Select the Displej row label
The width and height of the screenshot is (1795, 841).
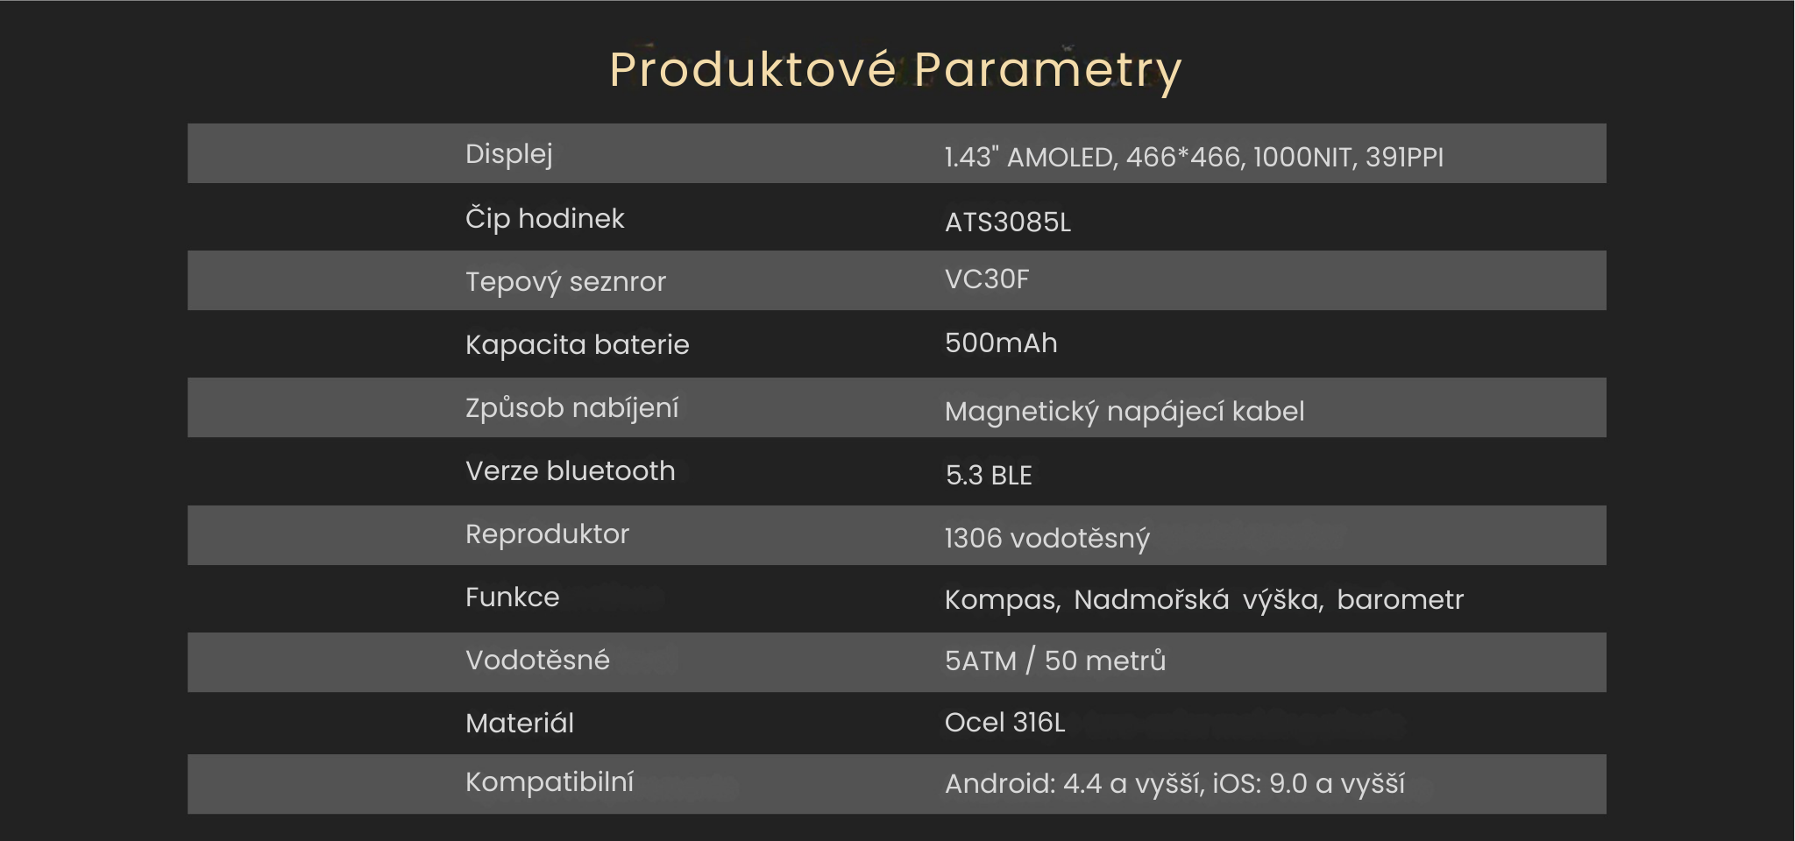(509, 154)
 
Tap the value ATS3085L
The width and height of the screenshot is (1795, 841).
(1008, 222)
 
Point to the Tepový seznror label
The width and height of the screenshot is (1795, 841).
(565, 282)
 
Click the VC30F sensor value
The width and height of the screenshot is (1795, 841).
(987, 279)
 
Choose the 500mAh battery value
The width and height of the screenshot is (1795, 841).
(1001, 343)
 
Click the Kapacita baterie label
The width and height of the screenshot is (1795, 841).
(577, 345)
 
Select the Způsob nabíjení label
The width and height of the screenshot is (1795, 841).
(571, 408)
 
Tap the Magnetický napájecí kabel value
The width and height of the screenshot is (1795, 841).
(1125, 412)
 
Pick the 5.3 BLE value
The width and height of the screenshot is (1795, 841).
(989, 475)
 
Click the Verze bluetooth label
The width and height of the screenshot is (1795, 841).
(570, 471)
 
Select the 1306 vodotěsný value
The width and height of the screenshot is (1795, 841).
(1046, 538)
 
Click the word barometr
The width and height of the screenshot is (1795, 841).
(1401, 599)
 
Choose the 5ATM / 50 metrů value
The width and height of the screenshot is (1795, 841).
(1055, 661)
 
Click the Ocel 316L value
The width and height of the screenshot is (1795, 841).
(1004, 723)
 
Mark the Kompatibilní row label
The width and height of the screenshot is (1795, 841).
(550, 782)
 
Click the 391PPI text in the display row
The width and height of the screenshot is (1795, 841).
(1404, 157)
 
